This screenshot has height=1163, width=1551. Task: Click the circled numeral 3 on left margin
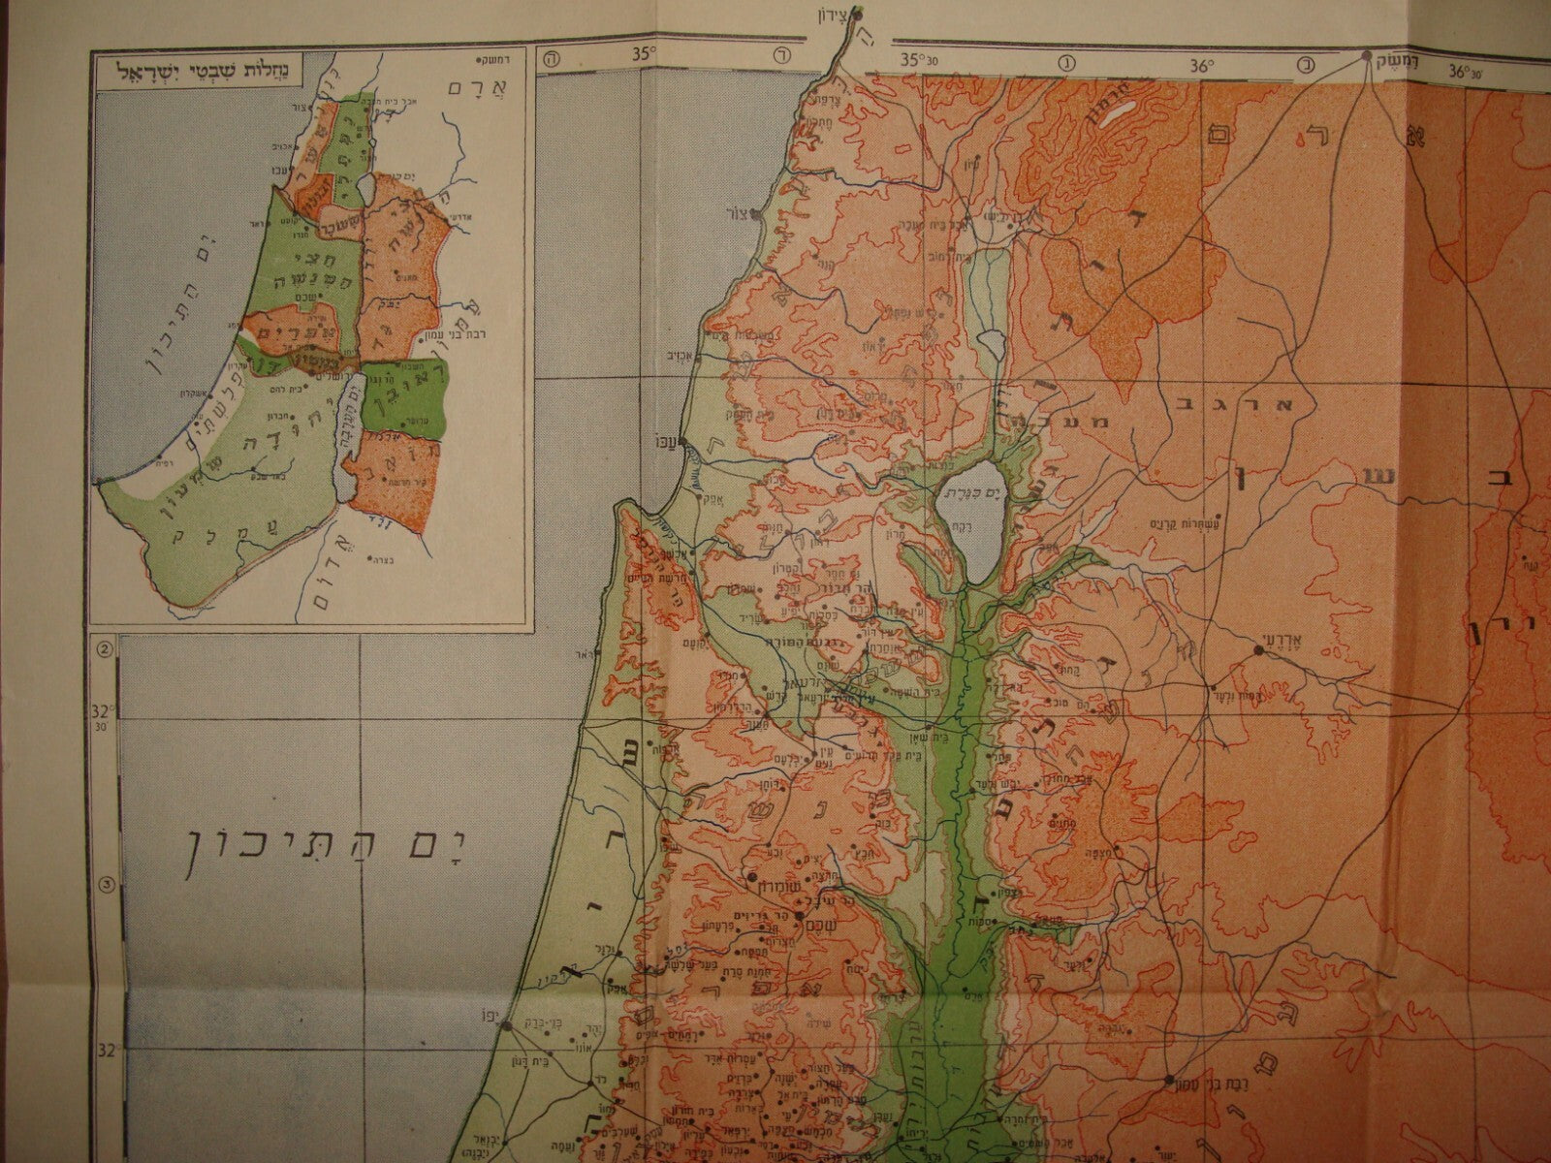click(x=106, y=885)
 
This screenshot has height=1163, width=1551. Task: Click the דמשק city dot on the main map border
click(x=1366, y=55)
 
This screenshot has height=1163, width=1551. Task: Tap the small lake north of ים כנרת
click(x=989, y=342)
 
